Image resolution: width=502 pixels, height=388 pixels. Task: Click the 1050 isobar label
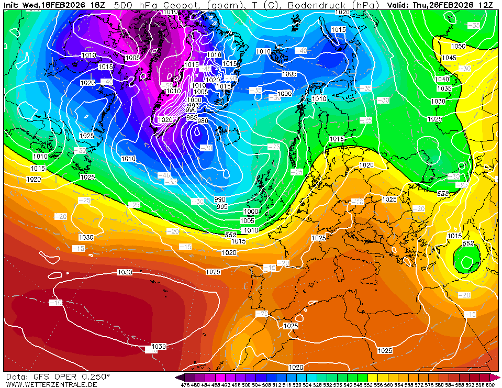click(x=458, y=46)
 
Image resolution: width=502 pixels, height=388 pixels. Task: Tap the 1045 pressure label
click(x=449, y=58)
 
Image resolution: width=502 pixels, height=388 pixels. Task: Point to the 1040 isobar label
click(x=442, y=79)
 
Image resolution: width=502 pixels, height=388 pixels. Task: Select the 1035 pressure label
click(x=444, y=88)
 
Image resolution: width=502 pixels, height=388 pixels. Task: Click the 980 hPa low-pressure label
click(x=203, y=121)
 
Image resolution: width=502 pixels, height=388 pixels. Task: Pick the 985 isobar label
click(x=192, y=118)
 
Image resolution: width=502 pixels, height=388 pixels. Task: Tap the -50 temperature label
click(x=167, y=85)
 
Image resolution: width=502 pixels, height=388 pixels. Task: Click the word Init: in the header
click(x=12, y=5)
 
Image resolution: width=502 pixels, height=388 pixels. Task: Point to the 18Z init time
click(x=97, y=5)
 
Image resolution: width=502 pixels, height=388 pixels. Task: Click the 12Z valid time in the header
click(x=486, y=5)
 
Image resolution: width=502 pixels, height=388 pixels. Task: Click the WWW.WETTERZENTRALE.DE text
click(x=51, y=384)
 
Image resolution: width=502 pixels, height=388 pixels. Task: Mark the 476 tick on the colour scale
click(x=185, y=385)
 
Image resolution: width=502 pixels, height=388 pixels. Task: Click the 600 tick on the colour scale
click(x=490, y=385)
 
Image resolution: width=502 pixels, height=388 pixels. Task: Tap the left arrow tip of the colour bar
click(x=177, y=377)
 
